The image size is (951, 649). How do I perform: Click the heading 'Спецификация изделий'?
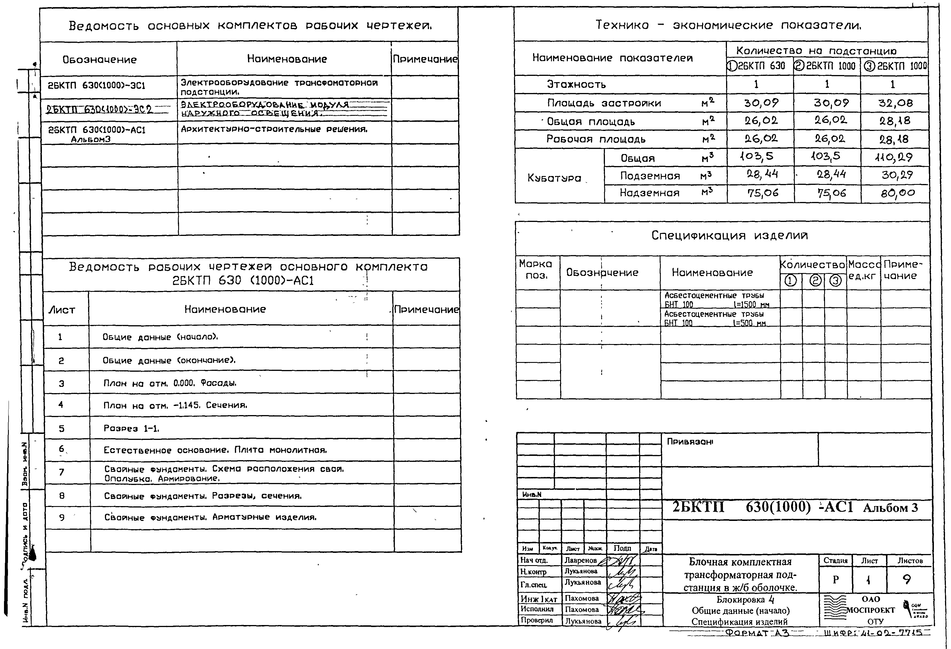pyautogui.click(x=729, y=235)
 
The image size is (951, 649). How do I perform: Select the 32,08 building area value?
pyautogui.click(x=895, y=103)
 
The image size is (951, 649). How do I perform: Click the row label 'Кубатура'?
pyautogui.click(x=554, y=178)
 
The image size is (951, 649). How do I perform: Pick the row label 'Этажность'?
pyautogui.click(x=576, y=84)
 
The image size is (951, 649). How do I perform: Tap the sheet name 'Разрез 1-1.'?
pyautogui.click(x=131, y=428)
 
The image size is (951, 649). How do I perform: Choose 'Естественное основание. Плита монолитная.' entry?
pyautogui.click(x=215, y=450)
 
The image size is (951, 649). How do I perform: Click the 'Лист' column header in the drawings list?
pyautogui.click(x=62, y=310)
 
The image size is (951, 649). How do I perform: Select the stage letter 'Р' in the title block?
pyautogui.click(x=835, y=580)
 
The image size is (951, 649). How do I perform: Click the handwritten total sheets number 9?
pyautogui.click(x=907, y=579)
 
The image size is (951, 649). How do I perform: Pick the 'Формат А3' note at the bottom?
pyautogui.click(x=757, y=633)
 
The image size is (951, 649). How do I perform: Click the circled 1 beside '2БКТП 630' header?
pyautogui.click(x=732, y=66)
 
